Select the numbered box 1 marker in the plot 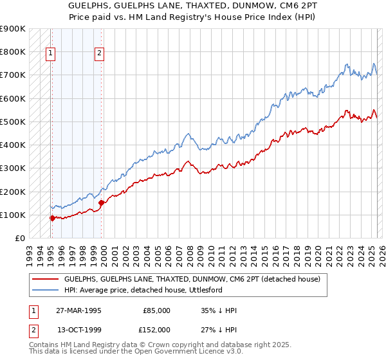click(50, 54)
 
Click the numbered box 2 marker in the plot click(100, 54)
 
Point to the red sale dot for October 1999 click(102, 203)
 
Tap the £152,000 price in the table click(156, 329)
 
